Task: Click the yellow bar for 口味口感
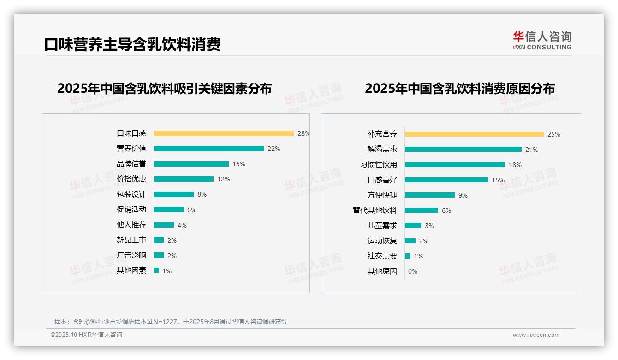(224, 133)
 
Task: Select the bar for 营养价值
(208, 149)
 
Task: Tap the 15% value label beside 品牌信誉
(239, 164)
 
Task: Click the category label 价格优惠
(131, 179)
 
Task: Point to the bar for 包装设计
(174, 194)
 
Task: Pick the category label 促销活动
(131, 210)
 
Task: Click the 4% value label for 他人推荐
(182, 225)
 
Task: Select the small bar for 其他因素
(156, 270)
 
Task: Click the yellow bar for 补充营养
(474, 134)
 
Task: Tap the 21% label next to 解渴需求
(532, 150)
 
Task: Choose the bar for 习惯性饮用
(455, 164)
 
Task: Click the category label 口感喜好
(382, 180)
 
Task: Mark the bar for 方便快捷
(430, 195)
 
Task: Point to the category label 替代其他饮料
(375, 210)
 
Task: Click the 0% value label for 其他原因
(413, 271)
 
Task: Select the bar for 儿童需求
(413, 226)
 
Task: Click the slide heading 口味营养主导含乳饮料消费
(132, 44)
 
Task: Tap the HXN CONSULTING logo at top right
(542, 41)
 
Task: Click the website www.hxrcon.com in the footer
(536, 335)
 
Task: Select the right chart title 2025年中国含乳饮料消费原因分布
(460, 88)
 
